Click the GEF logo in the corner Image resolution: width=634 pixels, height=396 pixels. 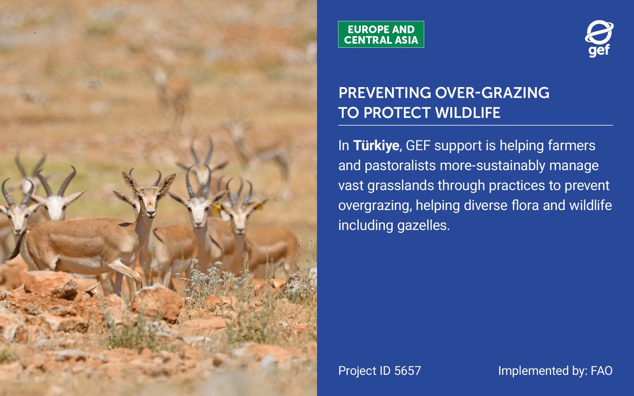pyautogui.click(x=599, y=39)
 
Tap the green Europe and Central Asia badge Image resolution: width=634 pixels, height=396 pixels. pyautogui.click(x=381, y=34)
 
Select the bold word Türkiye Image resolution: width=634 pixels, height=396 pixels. pyautogui.click(x=376, y=145)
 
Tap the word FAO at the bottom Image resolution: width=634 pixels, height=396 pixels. pyautogui.click(x=602, y=371)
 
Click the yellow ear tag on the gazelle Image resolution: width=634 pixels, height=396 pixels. pyautogui.click(x=217, y=209)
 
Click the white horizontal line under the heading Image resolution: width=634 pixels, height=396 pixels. pyautogui.click(x=475, y=125)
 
